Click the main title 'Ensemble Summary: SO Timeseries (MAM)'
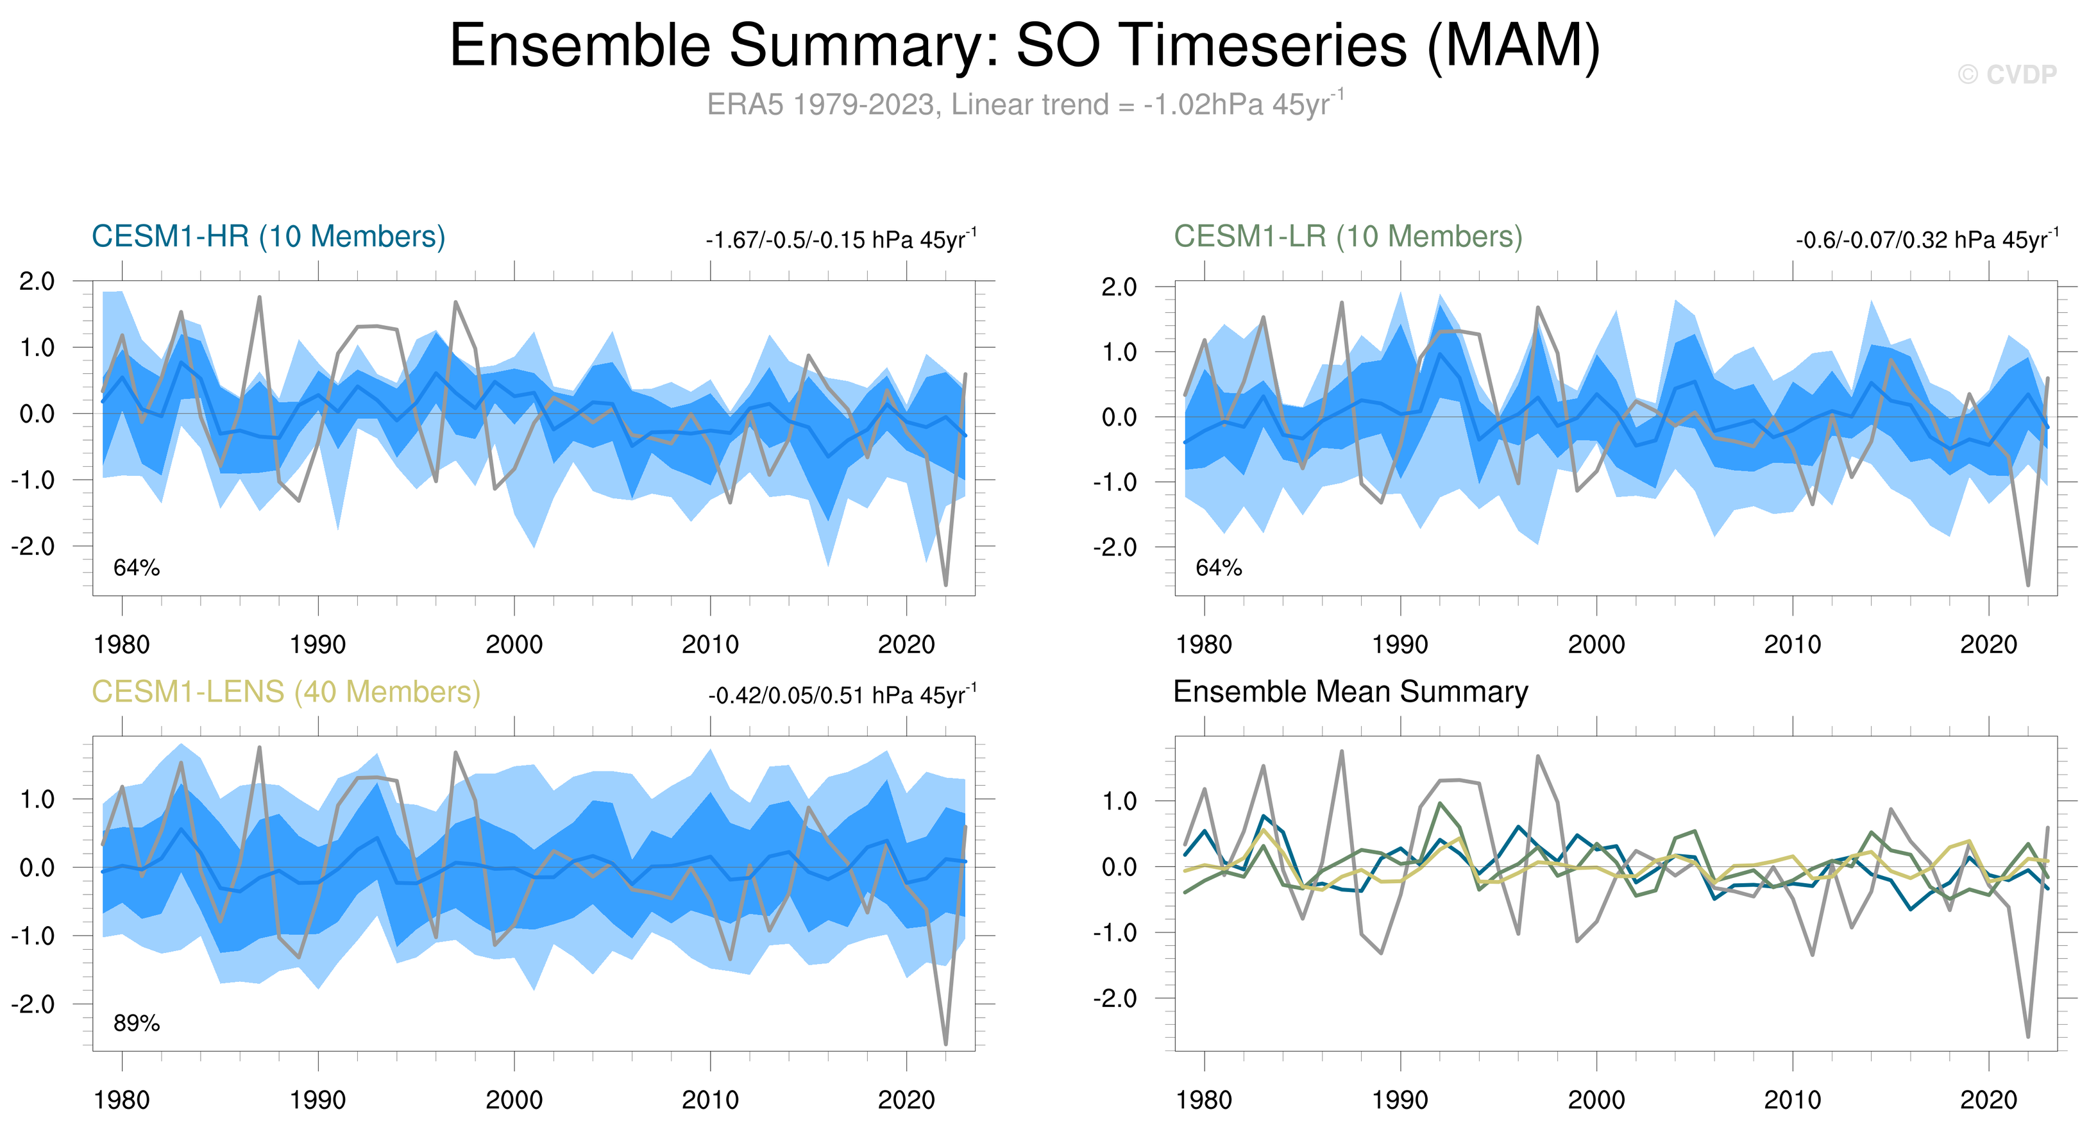(1024, 46)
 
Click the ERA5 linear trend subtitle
(1024, 105)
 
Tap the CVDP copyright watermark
(2006, 74)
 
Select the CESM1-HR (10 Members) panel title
(269, 237)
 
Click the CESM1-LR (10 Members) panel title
(1348, 237)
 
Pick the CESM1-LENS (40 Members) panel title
(285, 692)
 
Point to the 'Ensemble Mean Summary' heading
(1350, 692)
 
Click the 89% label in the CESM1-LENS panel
(136, 1023)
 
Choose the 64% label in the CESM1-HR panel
(136, 568)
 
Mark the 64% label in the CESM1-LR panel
(1218, 568)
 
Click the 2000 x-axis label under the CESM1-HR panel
(514, 645)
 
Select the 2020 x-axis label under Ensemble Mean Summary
(1988, 1100)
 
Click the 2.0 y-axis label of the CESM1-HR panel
(37, 282)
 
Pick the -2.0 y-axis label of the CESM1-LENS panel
(33, 1004)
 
